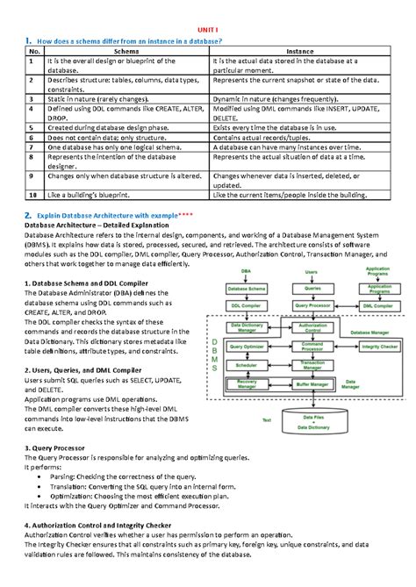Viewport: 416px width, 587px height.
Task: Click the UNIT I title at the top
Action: point(208,29)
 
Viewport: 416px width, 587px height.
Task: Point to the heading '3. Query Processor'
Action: point(59,447)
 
